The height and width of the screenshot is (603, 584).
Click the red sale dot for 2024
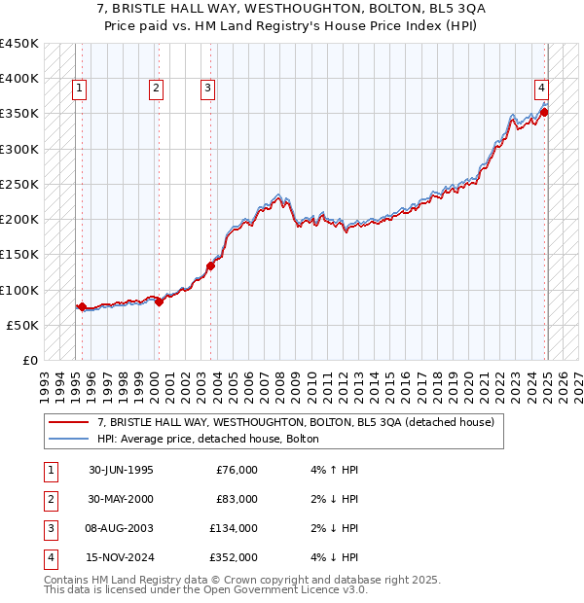(x=545, y=112)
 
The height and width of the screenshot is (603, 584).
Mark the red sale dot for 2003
(x=210, y=266)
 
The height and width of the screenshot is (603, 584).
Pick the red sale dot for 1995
(x=82, y=306)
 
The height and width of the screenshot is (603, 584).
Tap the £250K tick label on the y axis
(x=18, y=184)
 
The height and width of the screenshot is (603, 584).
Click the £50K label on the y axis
(x=22, y=325)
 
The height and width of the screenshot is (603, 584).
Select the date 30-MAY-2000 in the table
(x=121, y=499)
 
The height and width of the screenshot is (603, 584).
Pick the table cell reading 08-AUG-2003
(x=121, y=529)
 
